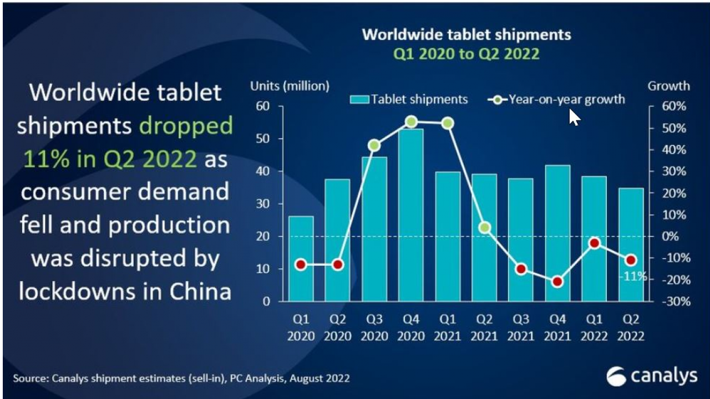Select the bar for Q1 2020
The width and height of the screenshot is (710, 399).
(x=301, y=258)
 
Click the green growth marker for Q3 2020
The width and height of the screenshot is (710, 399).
(x=374, y=146)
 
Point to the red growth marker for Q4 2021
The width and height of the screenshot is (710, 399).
(x=557, y=282)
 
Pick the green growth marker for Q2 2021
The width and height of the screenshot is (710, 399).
(x=484, y=227)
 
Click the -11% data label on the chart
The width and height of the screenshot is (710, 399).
(x=633, y=276)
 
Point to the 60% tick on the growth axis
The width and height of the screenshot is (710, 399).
(x=672, y=106)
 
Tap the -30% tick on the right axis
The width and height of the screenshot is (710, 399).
(x=672, y=302)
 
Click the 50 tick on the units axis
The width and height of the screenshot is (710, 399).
(x=263, y=139)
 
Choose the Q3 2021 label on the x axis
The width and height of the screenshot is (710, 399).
(x=521, y=328)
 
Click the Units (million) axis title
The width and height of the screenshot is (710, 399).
(x=290, y=86)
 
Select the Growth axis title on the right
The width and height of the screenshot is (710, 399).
(x=668, y=86)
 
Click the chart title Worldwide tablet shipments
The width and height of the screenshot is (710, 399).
(x=466, y=34)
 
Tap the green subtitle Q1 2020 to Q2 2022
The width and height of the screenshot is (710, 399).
(x=466, y=54)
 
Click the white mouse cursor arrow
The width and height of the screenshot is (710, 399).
(x=575, y=117)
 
